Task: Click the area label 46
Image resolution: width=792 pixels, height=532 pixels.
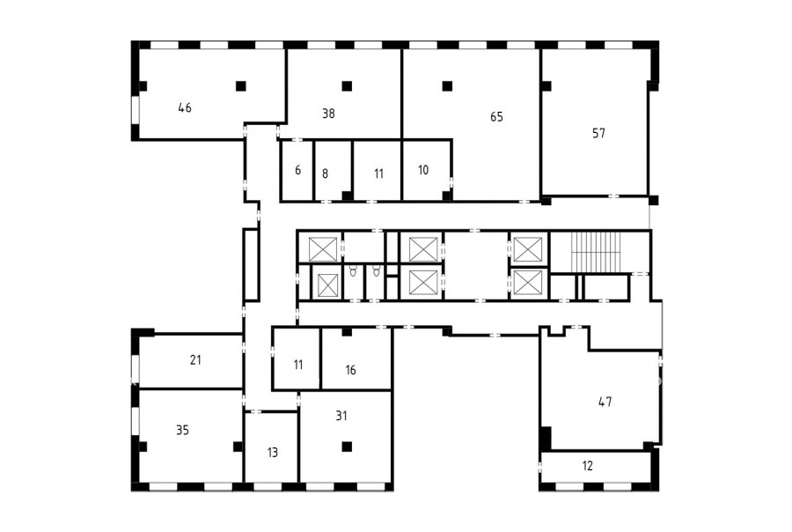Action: [185, 107]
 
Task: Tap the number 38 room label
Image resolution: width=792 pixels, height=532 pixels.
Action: [328, 114]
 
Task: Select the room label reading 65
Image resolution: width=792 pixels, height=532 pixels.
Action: [496, 117]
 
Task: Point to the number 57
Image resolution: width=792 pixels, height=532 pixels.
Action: [598, 134]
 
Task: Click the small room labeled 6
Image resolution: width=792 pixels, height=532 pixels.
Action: [298, 170]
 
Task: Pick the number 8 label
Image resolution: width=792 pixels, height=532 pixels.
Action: [325, 174]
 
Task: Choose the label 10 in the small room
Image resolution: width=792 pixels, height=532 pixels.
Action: [423, 170]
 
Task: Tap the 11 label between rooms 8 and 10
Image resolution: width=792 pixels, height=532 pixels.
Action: [378, 174]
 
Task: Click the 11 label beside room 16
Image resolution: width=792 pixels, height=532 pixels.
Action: [298, 365]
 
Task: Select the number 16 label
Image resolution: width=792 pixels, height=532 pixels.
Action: [350, 370]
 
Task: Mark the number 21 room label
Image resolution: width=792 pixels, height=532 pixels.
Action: [195, 360]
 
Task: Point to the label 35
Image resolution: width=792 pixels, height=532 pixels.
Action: [182, 431]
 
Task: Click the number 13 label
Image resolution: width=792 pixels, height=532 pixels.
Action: [272, 453]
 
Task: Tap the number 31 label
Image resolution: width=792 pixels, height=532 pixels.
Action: [341, 417]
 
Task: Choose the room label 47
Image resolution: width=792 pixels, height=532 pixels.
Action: [605, 402]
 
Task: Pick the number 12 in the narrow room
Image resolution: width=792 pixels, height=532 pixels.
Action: [587, 466]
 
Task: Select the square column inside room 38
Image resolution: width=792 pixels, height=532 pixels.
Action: [347, 86]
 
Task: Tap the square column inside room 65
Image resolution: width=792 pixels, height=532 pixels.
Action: [447, 86]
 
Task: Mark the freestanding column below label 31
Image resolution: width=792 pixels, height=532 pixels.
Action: [347, 447]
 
